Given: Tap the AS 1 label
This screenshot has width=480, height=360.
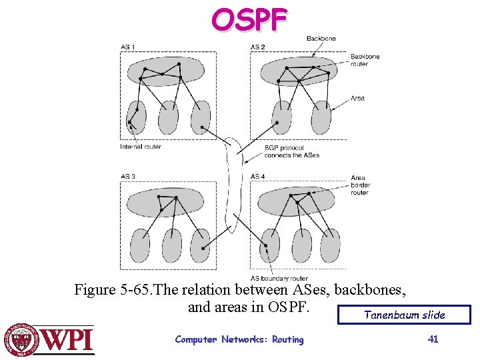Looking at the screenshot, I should (127, 47).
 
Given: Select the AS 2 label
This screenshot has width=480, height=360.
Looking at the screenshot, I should (257, 47).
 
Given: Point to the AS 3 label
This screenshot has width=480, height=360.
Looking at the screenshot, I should (127, 177).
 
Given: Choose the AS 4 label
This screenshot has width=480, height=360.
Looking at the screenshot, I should (257, 177).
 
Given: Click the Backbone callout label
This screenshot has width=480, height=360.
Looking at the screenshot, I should (321, 39).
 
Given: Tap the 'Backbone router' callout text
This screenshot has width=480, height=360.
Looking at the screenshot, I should (365, 60).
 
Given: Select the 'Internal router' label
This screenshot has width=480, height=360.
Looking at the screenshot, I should (141, 147).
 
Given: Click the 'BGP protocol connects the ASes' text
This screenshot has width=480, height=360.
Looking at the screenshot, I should (292, 151).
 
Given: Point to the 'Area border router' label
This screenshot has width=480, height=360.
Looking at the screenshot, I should (360, 185).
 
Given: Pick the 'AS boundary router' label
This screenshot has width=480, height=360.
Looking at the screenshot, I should (279, 278).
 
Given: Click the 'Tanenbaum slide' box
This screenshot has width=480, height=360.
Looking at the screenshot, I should (404, 315).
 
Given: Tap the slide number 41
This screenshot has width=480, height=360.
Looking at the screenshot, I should (433, 339).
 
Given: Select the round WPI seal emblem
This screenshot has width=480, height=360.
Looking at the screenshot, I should (22, 339).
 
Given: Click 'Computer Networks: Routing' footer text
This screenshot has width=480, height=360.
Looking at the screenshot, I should (239, 339).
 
